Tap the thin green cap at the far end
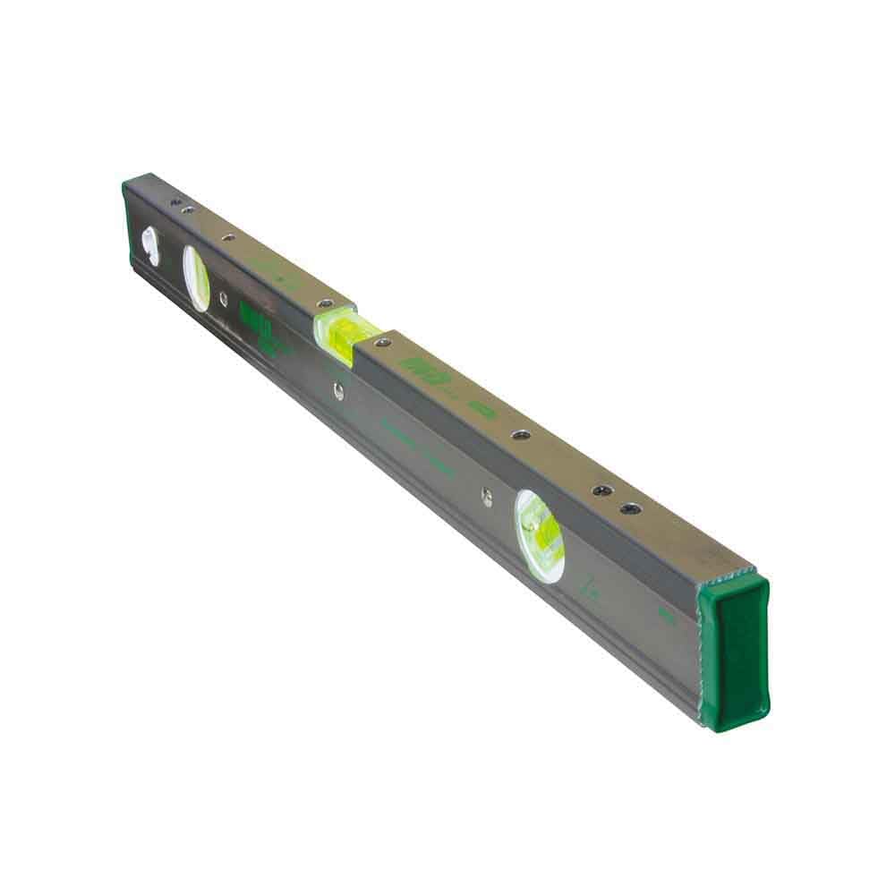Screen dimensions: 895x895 coord(127,215)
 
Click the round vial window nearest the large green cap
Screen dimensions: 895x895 coord(541,535)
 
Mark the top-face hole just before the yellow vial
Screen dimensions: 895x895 coord(325,303)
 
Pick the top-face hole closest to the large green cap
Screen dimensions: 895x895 coord(631,508)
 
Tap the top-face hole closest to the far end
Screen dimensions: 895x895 coord(175,201)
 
